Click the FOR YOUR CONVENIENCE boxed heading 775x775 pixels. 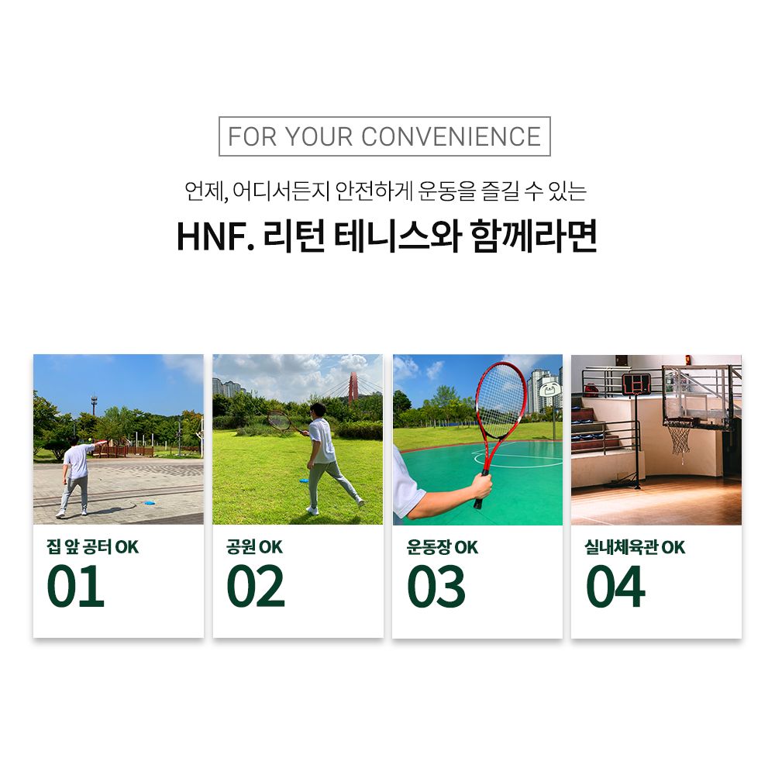pos(384,136)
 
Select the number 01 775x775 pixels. pos(75,587)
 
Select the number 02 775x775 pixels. pos(256,587)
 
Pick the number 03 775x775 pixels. pos(436,587)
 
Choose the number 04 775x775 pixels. pos(615,587)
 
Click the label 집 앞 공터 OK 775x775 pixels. pos(92,548)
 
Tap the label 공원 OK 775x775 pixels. pos(254,548)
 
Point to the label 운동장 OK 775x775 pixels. pos(443,548)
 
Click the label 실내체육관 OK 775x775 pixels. pos(635,548)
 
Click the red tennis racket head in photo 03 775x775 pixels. pos(501,401)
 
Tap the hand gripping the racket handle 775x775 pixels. pos(481,487)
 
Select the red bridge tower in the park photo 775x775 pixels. pos(353,386)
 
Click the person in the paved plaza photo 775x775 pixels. pos(75,474)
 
